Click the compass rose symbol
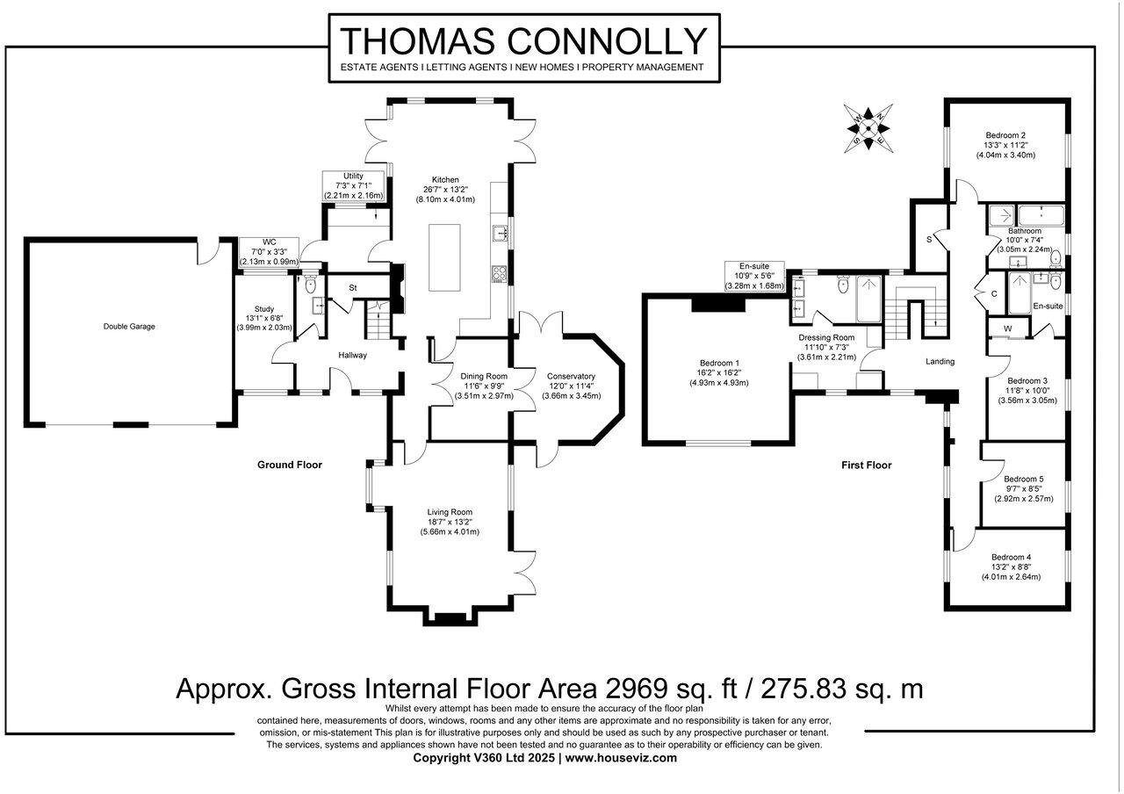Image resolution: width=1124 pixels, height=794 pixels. [x=868, y=128]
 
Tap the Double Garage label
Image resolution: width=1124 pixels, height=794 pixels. [x=129, y=327]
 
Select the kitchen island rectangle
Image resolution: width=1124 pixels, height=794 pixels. [x=444, y=257]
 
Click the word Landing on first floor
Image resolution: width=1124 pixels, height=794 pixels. [x=940, y=361]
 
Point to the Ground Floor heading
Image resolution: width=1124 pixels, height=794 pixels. [x=290, y=465]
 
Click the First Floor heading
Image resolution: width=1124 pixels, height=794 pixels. [x=867, y=466]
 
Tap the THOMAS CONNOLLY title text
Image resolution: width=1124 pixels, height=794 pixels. [x=524, y=41]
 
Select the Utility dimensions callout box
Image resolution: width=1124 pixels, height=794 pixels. [x=353, y=185]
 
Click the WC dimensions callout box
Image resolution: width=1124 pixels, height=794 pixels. [x=269, y=252]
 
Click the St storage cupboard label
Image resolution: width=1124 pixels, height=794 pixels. [x=353, y=288]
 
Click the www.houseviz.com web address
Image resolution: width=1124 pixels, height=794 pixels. [x=621, y=758]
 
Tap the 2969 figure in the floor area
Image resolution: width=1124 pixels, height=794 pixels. [x=637, y=689]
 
